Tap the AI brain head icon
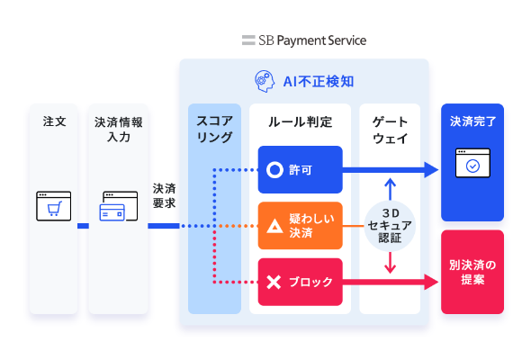click(265, 81)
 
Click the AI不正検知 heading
click(319, 82)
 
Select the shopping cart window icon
click(53, 206)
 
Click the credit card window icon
click(119, 206)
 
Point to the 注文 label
click(54, 121)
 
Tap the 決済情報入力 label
click(119, 130)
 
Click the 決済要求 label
click(164, 195)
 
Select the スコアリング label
click(214, 129)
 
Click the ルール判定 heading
click(300, 121)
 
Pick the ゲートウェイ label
click(390, 130)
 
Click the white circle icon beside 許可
click(274, 170)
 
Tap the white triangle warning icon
click(274, 226)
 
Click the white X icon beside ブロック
click(274, 282)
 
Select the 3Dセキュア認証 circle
click(390, 226)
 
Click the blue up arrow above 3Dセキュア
click(390, 189)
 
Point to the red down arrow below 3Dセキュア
click(390, 263)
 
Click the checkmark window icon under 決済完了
click(472, 163)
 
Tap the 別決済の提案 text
click(472, 273)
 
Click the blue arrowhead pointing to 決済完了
click(431, 170)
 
